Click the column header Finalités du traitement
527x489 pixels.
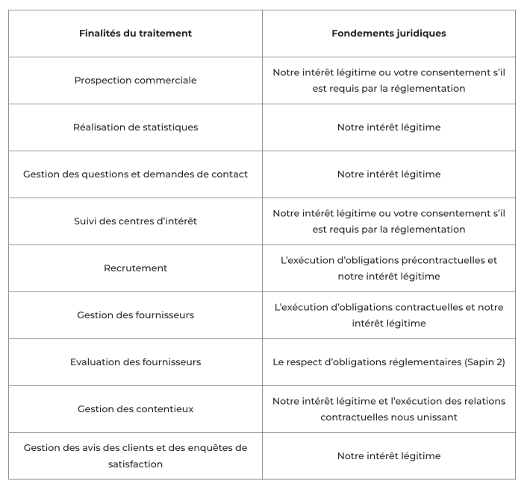pos(135,34)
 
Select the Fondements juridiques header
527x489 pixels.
pos(388,34)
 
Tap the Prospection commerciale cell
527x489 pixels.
pos(135,81)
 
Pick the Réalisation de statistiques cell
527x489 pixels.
pos(135,127)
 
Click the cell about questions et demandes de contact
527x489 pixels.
pos(135,174)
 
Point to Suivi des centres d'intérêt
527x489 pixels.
pos(135,221)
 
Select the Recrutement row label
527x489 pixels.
pos(135,268)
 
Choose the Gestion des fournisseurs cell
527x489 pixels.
pos(135,315)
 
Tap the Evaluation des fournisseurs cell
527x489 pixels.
pos(135,362)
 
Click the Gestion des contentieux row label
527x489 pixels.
pos(135,409)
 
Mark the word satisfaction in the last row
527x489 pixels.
pos(135,464)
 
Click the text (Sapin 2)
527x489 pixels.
pos(484,362)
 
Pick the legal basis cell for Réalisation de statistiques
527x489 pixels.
pos(388,127)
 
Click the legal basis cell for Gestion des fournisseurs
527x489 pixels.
pos(388,315)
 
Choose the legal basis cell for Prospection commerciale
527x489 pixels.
pos(388,81)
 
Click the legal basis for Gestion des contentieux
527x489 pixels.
pos(388,409)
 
